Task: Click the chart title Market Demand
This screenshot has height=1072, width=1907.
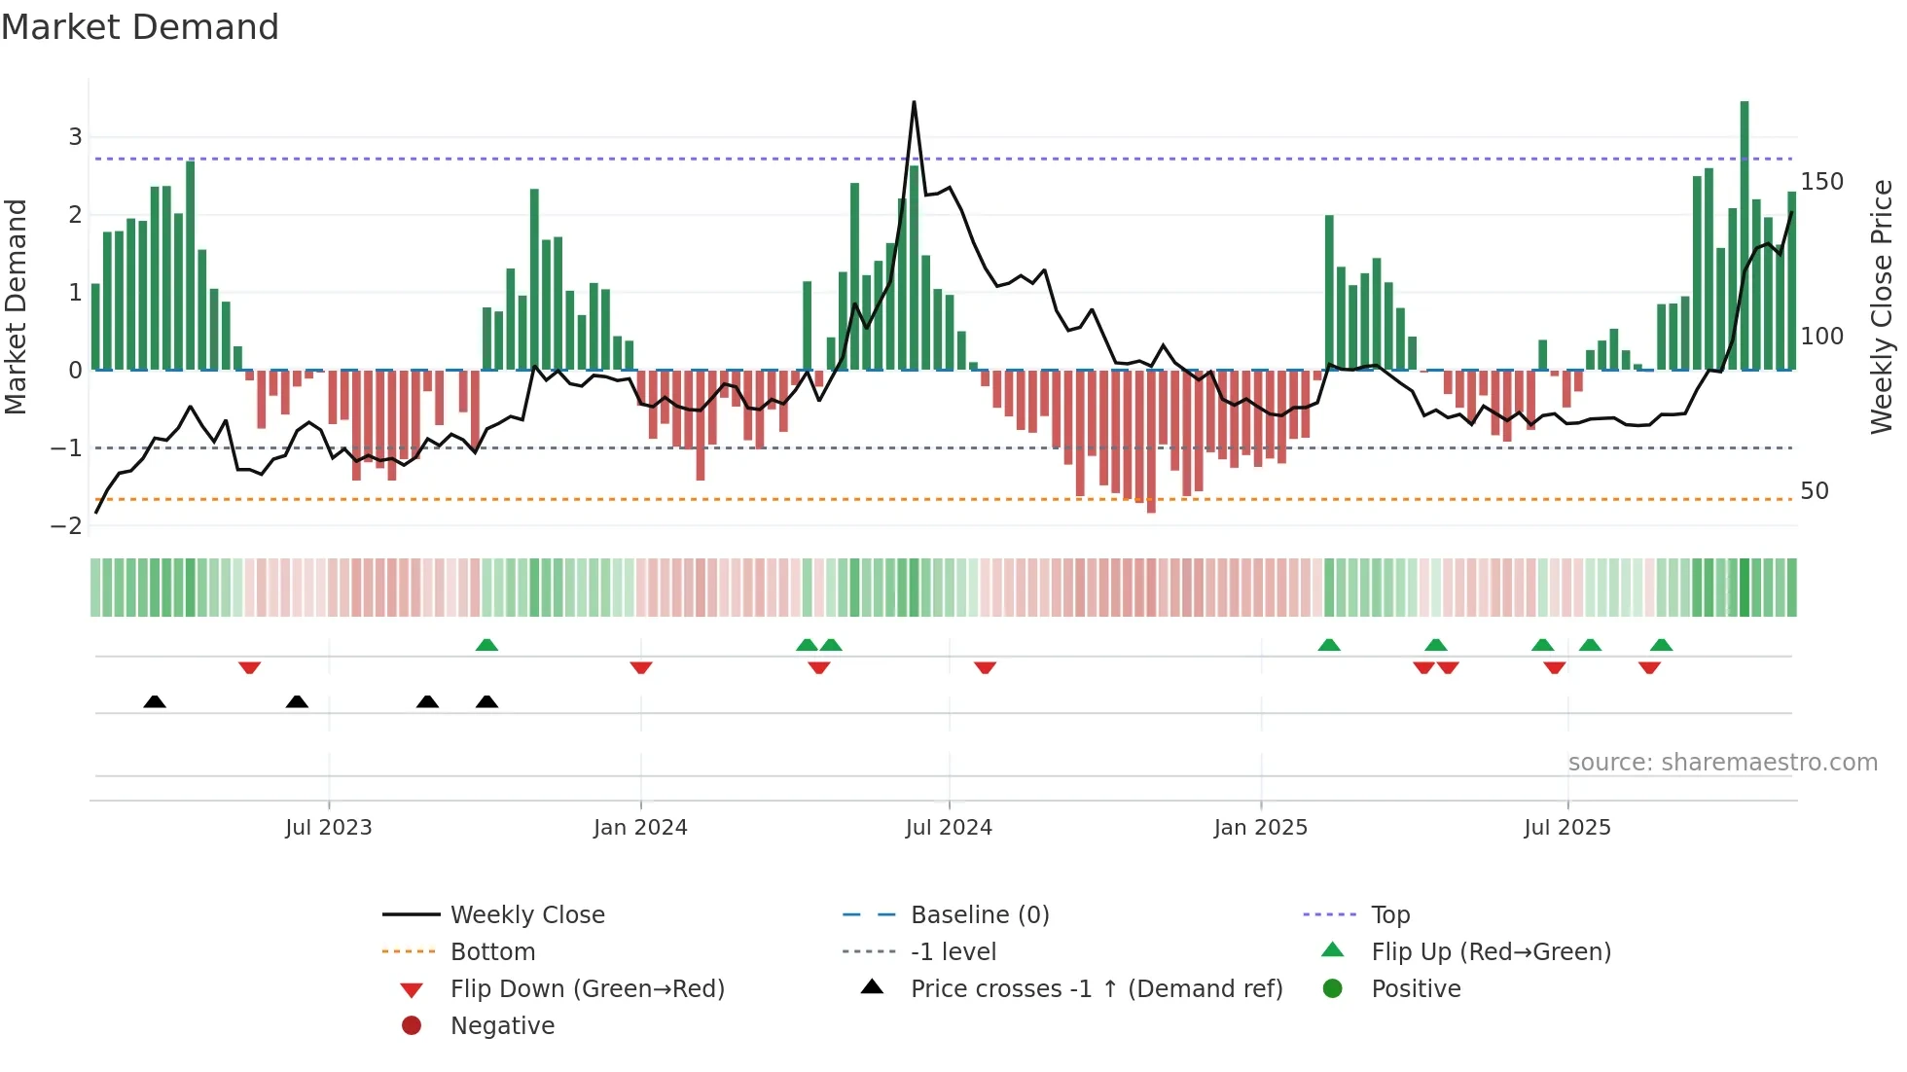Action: [x=140, y=27]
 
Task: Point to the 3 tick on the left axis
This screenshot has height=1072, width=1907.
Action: [x=75, y=137]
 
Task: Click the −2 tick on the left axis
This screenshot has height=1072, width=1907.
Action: [x=67, y=526]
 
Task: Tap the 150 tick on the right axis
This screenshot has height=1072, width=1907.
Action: [x=1821, y=182]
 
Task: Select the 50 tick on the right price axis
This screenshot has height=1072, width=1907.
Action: [x=1814, y=491]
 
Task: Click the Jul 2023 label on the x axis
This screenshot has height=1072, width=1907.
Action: [x=329, y=828]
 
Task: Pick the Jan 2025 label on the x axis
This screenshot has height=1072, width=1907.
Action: [x=1260, y=828]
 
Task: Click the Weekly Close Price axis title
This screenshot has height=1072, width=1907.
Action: [x=1882, y=306]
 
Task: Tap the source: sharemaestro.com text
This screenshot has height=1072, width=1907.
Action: [x=1722, y=763]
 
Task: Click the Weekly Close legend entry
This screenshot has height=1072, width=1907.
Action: [x=526, y=915]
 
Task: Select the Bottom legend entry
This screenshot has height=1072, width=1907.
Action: [x=492, y=952]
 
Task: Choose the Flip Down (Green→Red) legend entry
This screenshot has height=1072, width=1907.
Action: [x=587, y=989]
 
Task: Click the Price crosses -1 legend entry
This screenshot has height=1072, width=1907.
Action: [x=1096, y=989]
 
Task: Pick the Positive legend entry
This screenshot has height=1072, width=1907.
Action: [x=1416, y=989]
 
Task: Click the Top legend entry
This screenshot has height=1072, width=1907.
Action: [x=1390, y=915]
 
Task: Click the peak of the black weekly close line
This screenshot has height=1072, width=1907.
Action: [x=914, y=102]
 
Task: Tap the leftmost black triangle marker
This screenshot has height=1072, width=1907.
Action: [x=155, y=701]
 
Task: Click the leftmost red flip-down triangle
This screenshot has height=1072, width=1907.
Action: [x=249, y=668]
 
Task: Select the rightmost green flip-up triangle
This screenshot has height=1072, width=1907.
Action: [x=1661, y=645]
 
